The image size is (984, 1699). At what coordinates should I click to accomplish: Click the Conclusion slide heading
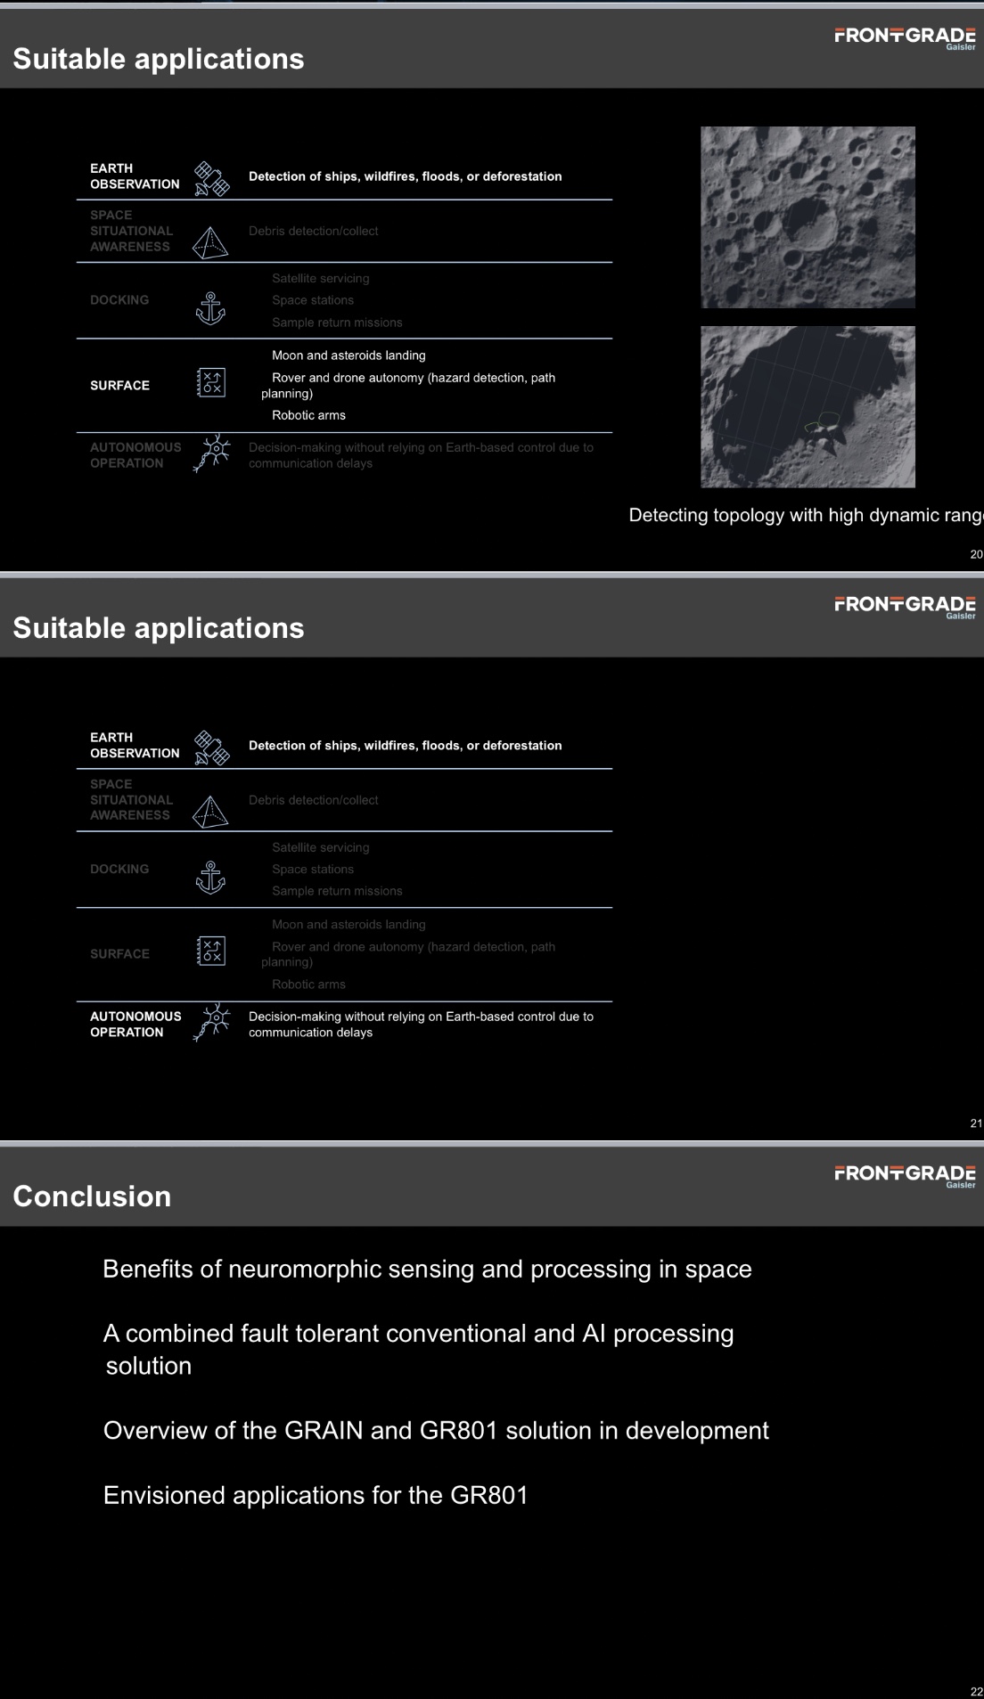[92, 1197]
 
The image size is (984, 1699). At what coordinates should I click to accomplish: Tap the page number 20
[976, 554]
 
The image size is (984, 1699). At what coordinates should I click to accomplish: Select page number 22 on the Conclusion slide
[976, 1692]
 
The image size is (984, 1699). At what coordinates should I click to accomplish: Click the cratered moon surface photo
[808, 217]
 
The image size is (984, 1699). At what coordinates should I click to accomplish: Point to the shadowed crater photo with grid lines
[808, 406]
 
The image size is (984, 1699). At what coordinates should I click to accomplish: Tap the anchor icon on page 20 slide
[210, 308]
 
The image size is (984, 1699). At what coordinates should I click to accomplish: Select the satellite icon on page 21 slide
[212, 747]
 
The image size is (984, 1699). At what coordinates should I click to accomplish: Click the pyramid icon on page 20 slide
[210, 242]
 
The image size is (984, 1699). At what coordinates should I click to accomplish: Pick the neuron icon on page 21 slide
[212, 1023]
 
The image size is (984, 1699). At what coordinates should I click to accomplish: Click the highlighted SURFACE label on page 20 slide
[119, 386]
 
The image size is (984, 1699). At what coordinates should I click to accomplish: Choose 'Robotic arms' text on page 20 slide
[308, 415]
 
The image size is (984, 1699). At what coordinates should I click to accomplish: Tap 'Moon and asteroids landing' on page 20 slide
[348, 355]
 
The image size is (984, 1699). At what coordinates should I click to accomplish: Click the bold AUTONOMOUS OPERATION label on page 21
[135, 1025]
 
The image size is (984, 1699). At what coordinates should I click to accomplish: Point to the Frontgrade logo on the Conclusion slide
[905, 1174]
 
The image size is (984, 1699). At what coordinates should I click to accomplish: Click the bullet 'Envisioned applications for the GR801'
[316, 1495]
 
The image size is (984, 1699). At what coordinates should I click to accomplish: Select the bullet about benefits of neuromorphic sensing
[427, 1269]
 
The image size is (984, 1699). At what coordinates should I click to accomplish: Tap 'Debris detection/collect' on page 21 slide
[313, 800]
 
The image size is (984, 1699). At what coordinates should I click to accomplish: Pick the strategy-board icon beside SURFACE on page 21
[211, 952]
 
